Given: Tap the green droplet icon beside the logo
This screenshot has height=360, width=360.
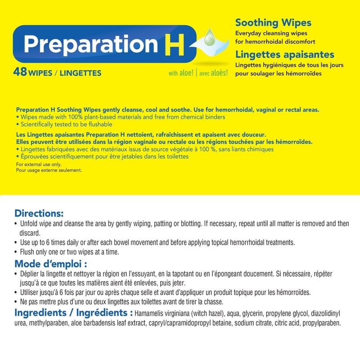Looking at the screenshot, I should coord(210,39).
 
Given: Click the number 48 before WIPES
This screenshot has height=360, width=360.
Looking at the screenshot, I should coord(21,72).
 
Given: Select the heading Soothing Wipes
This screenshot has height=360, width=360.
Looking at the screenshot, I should coord(273,23).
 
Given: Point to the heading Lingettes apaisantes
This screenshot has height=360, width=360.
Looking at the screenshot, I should coord(285,54).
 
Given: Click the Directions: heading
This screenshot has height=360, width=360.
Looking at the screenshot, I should coord(39,213).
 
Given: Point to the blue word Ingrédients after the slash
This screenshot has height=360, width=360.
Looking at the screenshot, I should coord(103,313).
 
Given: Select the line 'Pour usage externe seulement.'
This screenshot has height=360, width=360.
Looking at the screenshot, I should coord(49,171).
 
